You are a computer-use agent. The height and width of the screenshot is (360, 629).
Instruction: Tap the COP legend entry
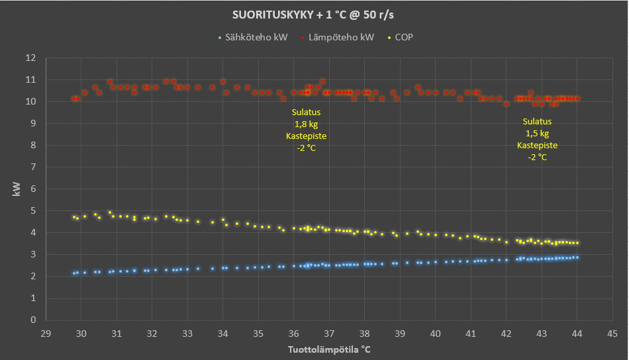403,38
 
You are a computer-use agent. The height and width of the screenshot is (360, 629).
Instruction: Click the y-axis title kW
17,189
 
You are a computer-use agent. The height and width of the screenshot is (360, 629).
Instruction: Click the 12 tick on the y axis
31,58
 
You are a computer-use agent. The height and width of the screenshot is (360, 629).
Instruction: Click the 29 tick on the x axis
46,332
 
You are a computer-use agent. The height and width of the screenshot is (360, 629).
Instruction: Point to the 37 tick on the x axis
329,332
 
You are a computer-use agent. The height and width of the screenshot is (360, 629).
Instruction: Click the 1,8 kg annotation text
306,124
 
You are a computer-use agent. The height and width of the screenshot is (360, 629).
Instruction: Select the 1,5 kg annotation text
537,133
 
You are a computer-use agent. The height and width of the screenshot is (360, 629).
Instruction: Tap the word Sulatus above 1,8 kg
306,112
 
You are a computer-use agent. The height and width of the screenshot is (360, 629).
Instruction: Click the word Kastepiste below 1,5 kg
537,145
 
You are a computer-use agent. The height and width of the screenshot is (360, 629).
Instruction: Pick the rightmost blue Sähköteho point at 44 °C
577,257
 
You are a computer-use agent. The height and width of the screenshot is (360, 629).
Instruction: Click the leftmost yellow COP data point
74,216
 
